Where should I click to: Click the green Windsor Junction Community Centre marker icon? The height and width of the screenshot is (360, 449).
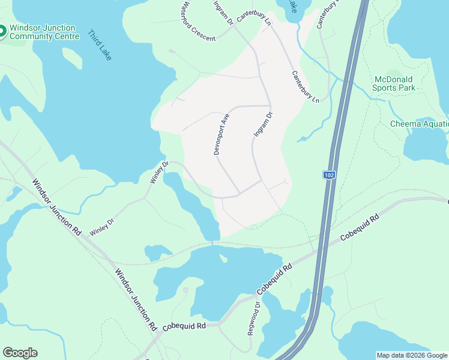(2, 32)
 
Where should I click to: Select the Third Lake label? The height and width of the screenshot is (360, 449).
(100, 45)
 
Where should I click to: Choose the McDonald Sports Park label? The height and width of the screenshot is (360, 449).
(394, 83)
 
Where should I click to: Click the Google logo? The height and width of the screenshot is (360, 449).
(20, 353)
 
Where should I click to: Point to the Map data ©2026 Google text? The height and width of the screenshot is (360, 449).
(412, 355)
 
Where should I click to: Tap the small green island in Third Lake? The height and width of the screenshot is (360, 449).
(71, 58)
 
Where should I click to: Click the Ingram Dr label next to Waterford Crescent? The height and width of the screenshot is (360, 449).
(224, 13)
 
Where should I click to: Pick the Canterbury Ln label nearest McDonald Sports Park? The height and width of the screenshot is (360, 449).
(306, 86)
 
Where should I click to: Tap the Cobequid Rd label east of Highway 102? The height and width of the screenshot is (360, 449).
(360, 228)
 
